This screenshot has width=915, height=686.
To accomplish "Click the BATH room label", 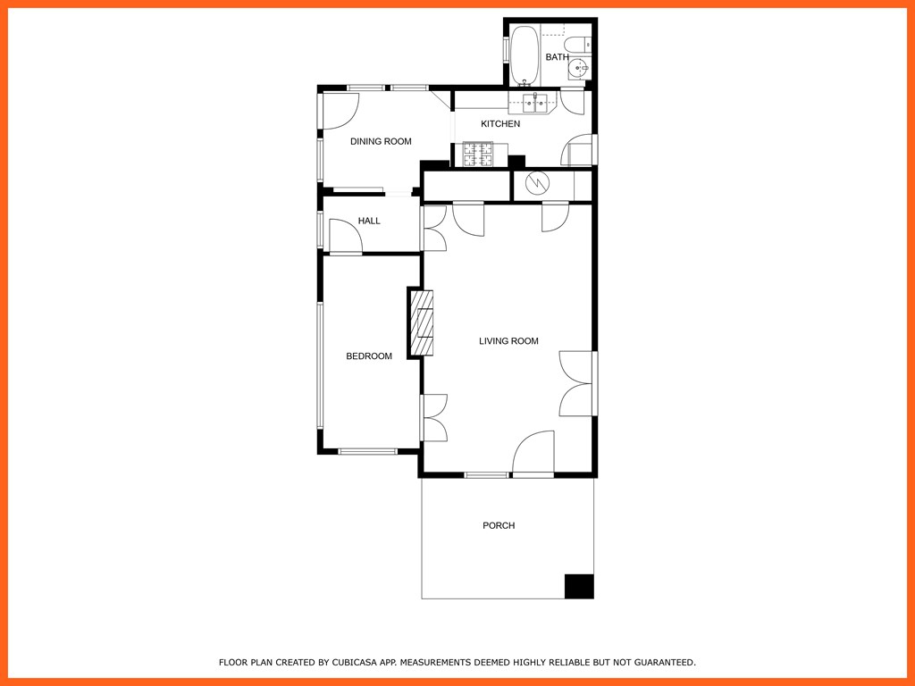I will click(x=557, y=57).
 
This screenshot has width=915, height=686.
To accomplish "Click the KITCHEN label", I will click(x=500, y=123).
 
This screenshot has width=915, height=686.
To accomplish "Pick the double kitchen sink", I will click(x=534, y=101).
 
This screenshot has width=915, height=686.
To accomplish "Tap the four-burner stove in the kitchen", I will click(x=476, y=155).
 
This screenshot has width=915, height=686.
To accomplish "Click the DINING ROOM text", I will click(x=381, y=141).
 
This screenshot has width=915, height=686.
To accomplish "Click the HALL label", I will click(x=369, y=221).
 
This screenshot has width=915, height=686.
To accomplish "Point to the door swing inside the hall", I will click(x=345, y=237).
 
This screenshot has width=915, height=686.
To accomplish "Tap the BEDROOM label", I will click(x=369, y=356).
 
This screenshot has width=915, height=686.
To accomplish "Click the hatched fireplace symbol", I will click(x=422, y=322).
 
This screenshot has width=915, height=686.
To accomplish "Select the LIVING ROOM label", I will click(x=508, y=341).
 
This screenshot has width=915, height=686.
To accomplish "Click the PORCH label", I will click(x=499, y=525).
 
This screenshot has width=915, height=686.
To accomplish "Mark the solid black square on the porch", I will click(x=579, y=586).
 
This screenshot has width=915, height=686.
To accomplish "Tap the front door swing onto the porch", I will click(x=534, y=454).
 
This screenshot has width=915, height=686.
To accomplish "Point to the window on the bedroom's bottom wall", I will click(x=367, y=451).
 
